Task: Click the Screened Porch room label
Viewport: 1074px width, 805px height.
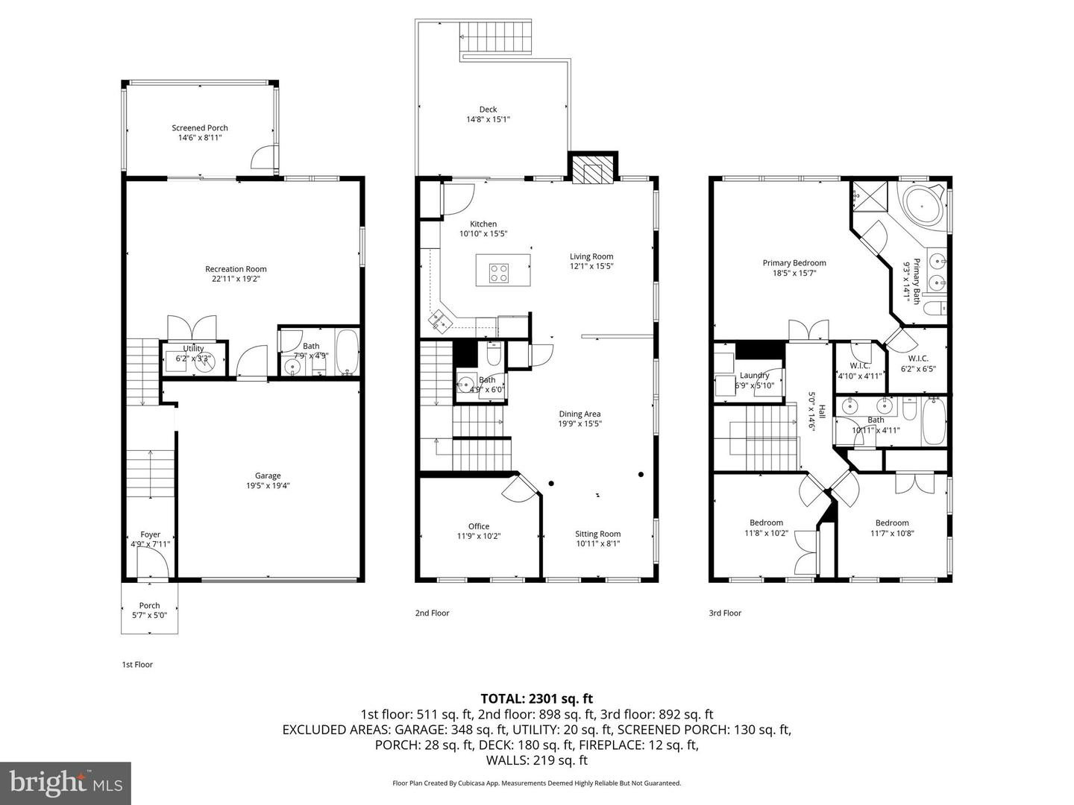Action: [x=199, y=128]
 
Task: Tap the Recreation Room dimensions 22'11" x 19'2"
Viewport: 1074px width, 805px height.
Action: [x=236, y=280]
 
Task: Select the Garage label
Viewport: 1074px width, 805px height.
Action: [x=268, y=476]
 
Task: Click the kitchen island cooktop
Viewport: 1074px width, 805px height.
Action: [x=498, y=273]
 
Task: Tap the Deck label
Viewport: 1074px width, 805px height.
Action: [x=488, y=110]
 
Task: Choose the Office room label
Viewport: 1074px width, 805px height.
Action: [x=479, y=526]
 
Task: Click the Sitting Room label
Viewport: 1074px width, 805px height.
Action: [x=597, y=534]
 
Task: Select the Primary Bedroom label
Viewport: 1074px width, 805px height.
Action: [x=794, y=263]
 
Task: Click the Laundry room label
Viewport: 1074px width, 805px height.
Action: [x=754, y=376]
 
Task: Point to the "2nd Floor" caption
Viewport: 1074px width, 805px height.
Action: [x=433, y=613]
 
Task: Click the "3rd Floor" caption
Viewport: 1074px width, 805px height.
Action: [x=725, y=613]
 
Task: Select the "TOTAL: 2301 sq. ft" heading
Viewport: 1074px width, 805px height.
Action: [x=536, y=698]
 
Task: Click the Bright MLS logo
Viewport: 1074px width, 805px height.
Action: [x=66, y=783]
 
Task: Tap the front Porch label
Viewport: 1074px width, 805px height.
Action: [x=149, y=605]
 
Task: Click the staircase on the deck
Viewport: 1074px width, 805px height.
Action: [x=483, y=37]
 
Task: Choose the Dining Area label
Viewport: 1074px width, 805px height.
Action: [x=580, y=414]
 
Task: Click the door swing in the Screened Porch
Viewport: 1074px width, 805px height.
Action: [x=263, y=159]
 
